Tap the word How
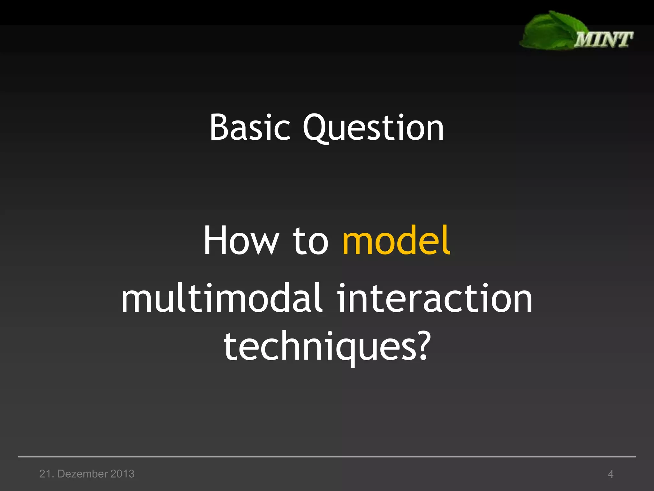[x=241, y=240]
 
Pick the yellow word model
[x=396, y=240]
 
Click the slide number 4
[x=610, y=474]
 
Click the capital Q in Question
[x=316, y=128]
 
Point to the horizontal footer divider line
[x=327, y=457]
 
